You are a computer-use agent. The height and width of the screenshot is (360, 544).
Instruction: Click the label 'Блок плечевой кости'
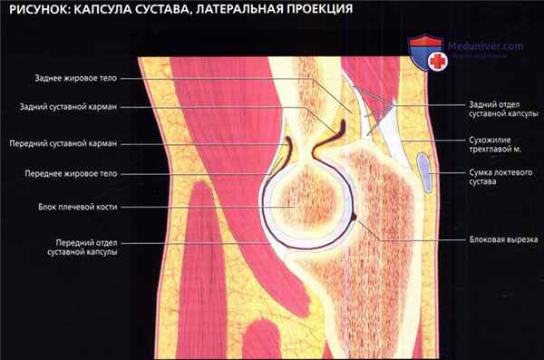pyautogui.click(x=86, y=207)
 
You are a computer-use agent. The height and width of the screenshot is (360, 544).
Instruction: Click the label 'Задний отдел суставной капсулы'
pyautogui.click(x=500, y=111)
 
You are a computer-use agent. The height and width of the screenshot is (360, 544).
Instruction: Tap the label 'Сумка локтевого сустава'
pyautogui.click(x=500, y=177)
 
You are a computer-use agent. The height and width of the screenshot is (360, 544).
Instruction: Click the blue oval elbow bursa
pyautogui.click(x=425, y=172)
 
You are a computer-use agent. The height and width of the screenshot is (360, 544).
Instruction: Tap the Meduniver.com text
pyautogui.click(x=487, y=45)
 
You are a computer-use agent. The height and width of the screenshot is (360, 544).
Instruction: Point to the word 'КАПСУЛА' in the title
pyautogui.click(x=106, y=12)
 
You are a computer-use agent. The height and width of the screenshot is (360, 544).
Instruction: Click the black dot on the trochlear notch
pyautogui.click(x=354, y=218)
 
